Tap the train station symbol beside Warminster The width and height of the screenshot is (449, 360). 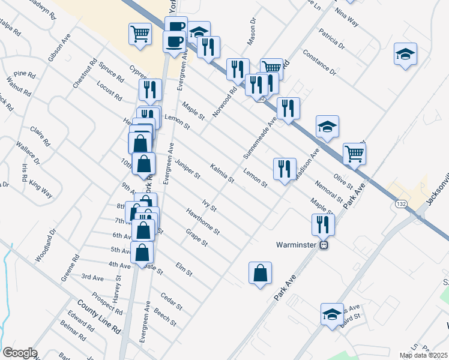[323, 245]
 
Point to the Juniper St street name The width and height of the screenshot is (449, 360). [188, 169]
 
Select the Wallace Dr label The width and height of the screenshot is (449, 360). [28, 153]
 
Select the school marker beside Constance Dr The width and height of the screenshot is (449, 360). [406, 54]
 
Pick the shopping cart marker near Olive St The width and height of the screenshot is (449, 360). [354, 154]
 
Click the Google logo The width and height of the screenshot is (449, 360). [20, 353]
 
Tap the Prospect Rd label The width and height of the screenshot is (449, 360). [107, 304]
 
